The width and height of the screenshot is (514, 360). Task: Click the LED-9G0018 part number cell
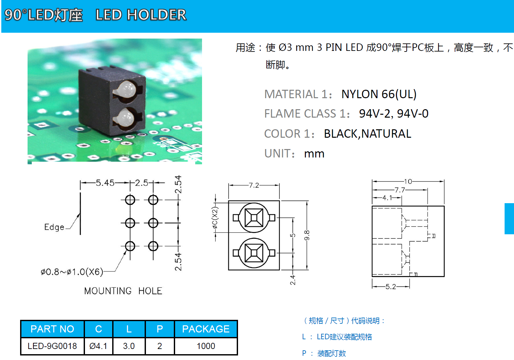(x=52, y=346)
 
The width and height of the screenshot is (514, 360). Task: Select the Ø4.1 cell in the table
(x=98, y=346)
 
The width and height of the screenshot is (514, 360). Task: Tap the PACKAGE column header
(x=206, y=329)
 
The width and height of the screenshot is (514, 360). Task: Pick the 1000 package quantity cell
(x=206, y=346)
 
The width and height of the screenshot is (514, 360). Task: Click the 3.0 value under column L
(x=129, y=346)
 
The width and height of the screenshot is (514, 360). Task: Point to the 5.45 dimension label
(x=105, y=183)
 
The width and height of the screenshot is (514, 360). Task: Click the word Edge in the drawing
(x=54, y=227)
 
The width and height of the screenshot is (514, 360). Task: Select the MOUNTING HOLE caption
(x=123, y=291)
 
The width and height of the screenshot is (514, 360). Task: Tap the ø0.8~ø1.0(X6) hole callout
(x=72, y=272)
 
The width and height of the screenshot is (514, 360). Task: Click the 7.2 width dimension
(x=254, y=185)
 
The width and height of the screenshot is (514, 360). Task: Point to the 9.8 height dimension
(x=307, y=235)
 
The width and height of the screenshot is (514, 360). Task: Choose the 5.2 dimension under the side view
(x=390, y=287)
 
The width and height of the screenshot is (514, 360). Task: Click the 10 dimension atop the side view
(x=408, y=181)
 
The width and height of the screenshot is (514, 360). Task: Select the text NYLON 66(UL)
(x=379, y=94)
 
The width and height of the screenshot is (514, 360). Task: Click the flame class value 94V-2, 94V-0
(x=394, y=114)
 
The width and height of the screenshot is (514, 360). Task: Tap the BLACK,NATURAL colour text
(x=367, y=134)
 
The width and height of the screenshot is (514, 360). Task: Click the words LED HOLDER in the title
(x=141, y=15)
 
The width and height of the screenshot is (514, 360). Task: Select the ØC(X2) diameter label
(x=215, y=217)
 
